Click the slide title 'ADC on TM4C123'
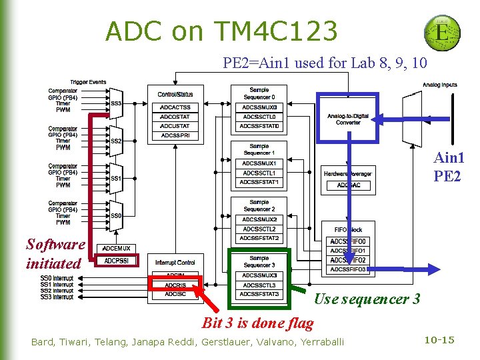click(221, 31)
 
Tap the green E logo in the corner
click(441, 31)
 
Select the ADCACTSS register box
click(175, 107)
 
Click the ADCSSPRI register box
click(175, 135)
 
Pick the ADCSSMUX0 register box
click(259, 107)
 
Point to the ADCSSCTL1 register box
click(259, 173)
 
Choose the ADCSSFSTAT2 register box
click(259, 238)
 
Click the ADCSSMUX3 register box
click(259, 275)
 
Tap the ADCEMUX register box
click(117, 248)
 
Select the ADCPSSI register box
click(117, 261)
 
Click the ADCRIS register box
click(175, 285)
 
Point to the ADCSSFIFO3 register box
click(347, 269)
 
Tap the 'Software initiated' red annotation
click(55, 254)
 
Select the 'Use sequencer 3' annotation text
click(367, 299)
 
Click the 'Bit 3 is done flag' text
click(257, 323)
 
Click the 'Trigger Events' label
click(88, 82)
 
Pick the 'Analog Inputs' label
click(439, 85)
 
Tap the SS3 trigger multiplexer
click(116, 103)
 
